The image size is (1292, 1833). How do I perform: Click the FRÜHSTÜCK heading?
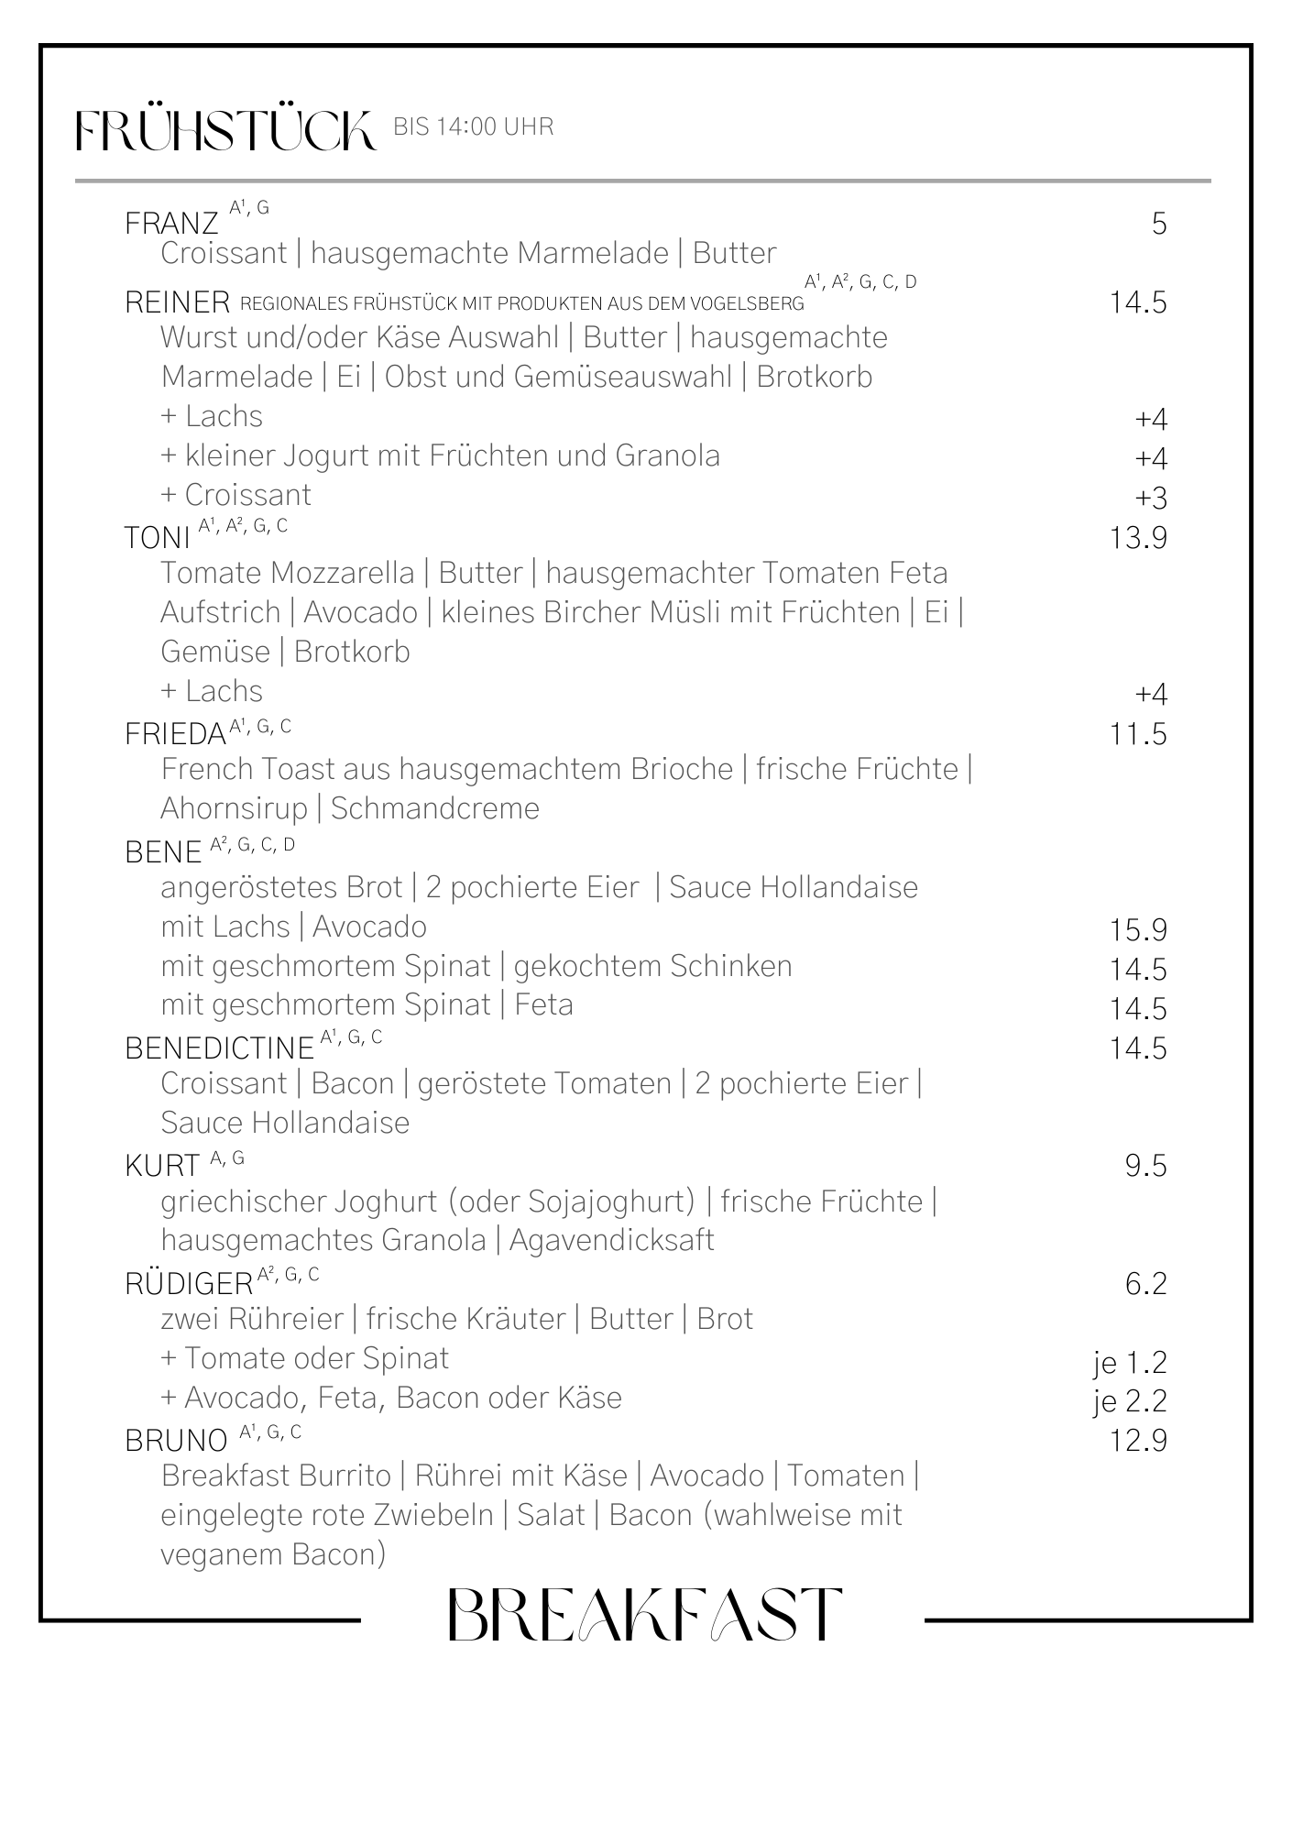pyautogui.click(x=225, y=130)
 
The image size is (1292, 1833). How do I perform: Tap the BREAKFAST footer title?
pyautogui.click(x=644, y=1615)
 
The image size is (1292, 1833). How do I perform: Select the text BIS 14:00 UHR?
pyautogui.click(x=473, y=127)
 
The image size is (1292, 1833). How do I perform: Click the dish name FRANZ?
pyautogui.click(x=171, y=224)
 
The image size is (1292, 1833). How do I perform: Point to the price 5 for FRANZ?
pyautogui.click(x=1159, y=224)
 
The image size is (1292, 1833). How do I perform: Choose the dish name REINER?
pyautogui.click(x=177, y=302)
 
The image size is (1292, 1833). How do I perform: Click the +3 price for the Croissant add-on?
pyautogui.click(x=1151, y=498)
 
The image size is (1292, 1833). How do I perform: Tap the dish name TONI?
pyautogui.click(x=158, y=538)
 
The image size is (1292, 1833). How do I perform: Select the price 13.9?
pyautogui.click(x=1138, y=538)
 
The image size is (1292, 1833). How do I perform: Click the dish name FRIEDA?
pyautogui.click(x=175, y=734)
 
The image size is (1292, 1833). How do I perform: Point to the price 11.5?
pyautogui.click(x=1138, y=734)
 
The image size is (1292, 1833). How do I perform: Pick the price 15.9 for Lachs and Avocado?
pyautogui.click(x=1138, y=930)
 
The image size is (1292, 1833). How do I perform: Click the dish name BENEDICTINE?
pyautogui.click(x=220, y=1048)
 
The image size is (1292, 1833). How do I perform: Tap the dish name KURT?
pyautogui.click(x=162, y=1166)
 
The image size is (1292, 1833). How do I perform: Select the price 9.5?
pyautogui.click(x=1145, y=1166)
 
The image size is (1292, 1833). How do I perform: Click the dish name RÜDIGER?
pyautogui.click(x=189, y=1283)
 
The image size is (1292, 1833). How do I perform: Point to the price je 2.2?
pyautogui.click(x=1130, y=1402)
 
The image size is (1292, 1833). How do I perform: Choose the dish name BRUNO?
pyautogui.click(x=176, y=1441)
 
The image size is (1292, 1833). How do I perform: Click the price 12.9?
pyautogui.click(x=1138, y=1441)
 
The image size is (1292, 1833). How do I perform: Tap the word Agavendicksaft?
pyautogui.click(x=611, y=1240)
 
